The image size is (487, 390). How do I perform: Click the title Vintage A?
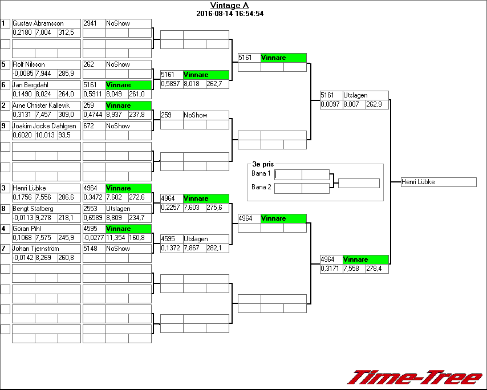[x=229, y=6]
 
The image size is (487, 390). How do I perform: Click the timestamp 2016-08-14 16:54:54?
[x=229, y=14]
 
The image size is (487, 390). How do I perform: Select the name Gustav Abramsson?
[x=38, y=23]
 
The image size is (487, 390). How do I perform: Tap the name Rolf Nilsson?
[x=29, y=64]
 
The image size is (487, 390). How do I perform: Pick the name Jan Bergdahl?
[x=31, y=85]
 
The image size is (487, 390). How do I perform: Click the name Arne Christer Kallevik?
[x=40, y=105]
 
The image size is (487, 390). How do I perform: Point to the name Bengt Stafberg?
[x=33, y=209]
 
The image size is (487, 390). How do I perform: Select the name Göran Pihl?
[x=27, y=229]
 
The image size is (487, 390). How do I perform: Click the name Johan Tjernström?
[x=36, y=249]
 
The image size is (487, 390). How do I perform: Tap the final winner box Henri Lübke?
[x=438, y=182]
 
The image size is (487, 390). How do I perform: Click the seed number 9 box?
[x=5, y=126]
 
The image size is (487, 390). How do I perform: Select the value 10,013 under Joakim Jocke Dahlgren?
[x=46, y=135]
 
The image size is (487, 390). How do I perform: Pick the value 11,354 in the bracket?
[x=117, y=238]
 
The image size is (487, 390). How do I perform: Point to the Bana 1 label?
[x=261, y=173]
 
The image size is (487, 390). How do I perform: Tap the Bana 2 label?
[x=261, y=187]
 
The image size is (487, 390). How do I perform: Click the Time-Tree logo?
[x=415, y=377]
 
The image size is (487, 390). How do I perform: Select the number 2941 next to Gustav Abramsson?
[x=91, y=23]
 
